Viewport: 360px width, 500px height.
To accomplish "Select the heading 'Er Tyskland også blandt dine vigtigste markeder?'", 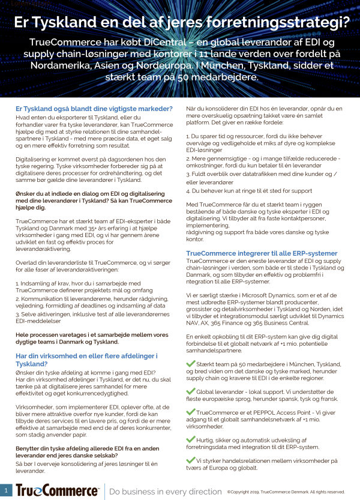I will tap(94, 109).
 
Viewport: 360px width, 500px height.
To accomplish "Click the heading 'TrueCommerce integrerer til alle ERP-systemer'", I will tap(262, 253).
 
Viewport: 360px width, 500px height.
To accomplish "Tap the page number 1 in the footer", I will tap(6, 490).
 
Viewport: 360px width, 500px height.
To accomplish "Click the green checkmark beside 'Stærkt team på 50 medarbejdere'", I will tap(191, 364).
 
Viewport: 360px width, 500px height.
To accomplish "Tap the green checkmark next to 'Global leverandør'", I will tap(191, 391).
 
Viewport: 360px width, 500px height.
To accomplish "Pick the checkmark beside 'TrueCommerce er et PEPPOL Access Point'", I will tap(191, 413).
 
